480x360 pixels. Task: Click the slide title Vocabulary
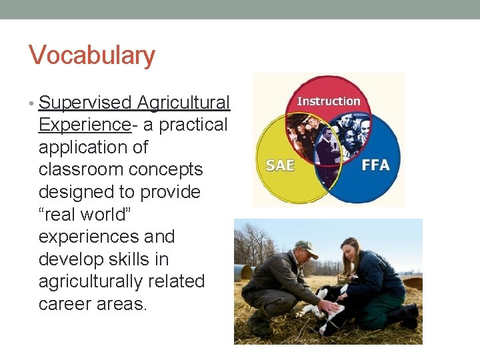(92, 55)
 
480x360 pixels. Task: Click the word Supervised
(85, 103)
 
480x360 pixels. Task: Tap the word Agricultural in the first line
(183, 103)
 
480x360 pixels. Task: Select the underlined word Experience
(84, 125)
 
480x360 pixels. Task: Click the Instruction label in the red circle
(329, 101)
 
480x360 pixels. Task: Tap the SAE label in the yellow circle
(281, 164)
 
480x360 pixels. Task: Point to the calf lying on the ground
(333, 307)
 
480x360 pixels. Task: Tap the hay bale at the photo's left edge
(243, 272)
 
